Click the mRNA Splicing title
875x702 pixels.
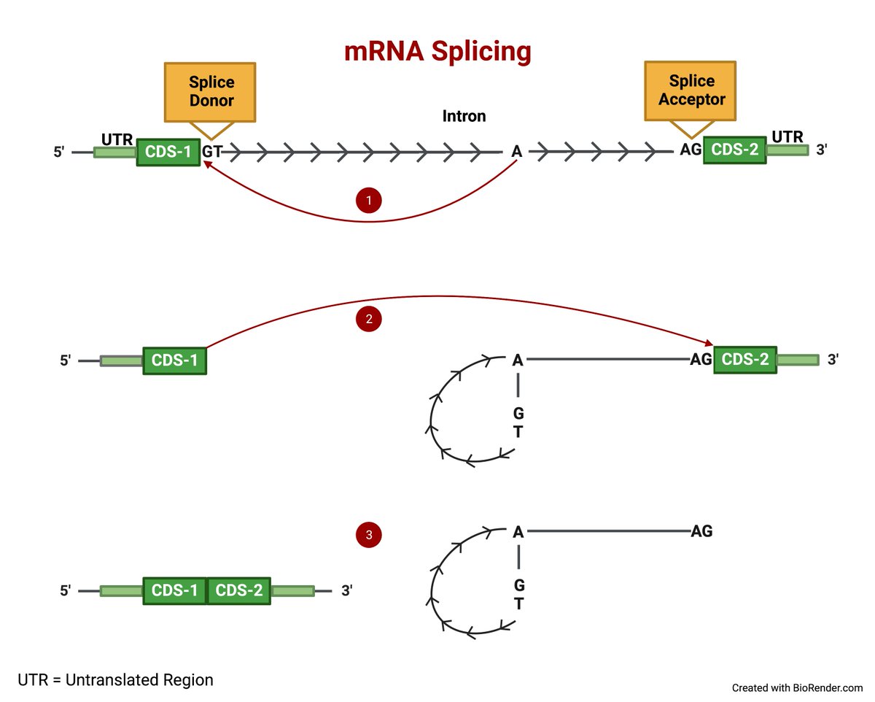pos(437,53)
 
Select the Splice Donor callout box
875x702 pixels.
pos(210,92)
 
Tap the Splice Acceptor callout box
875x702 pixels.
pos(690,91)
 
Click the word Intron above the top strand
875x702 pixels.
pos(464,116)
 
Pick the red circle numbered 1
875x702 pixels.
pos(369,200)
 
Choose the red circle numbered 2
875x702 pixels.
pos(369,319)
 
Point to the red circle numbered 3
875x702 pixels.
pos(369,534)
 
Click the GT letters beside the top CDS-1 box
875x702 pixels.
pos(212,151)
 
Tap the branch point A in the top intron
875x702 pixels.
pos(516,151)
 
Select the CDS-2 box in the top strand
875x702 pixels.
pos(735,150)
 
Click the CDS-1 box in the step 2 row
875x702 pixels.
pos(174,360)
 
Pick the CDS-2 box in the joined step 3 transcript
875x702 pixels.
pos(238,590)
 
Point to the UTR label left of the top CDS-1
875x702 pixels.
pos(117,139)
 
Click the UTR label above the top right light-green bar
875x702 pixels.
pos(787,136)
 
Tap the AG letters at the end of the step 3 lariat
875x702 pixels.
pos(701,531)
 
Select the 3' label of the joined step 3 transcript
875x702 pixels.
pos(347,590)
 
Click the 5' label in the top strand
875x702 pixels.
pos(59,152)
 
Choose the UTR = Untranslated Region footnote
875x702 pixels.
pos(115,679)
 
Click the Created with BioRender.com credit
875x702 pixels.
pos(797,687)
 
